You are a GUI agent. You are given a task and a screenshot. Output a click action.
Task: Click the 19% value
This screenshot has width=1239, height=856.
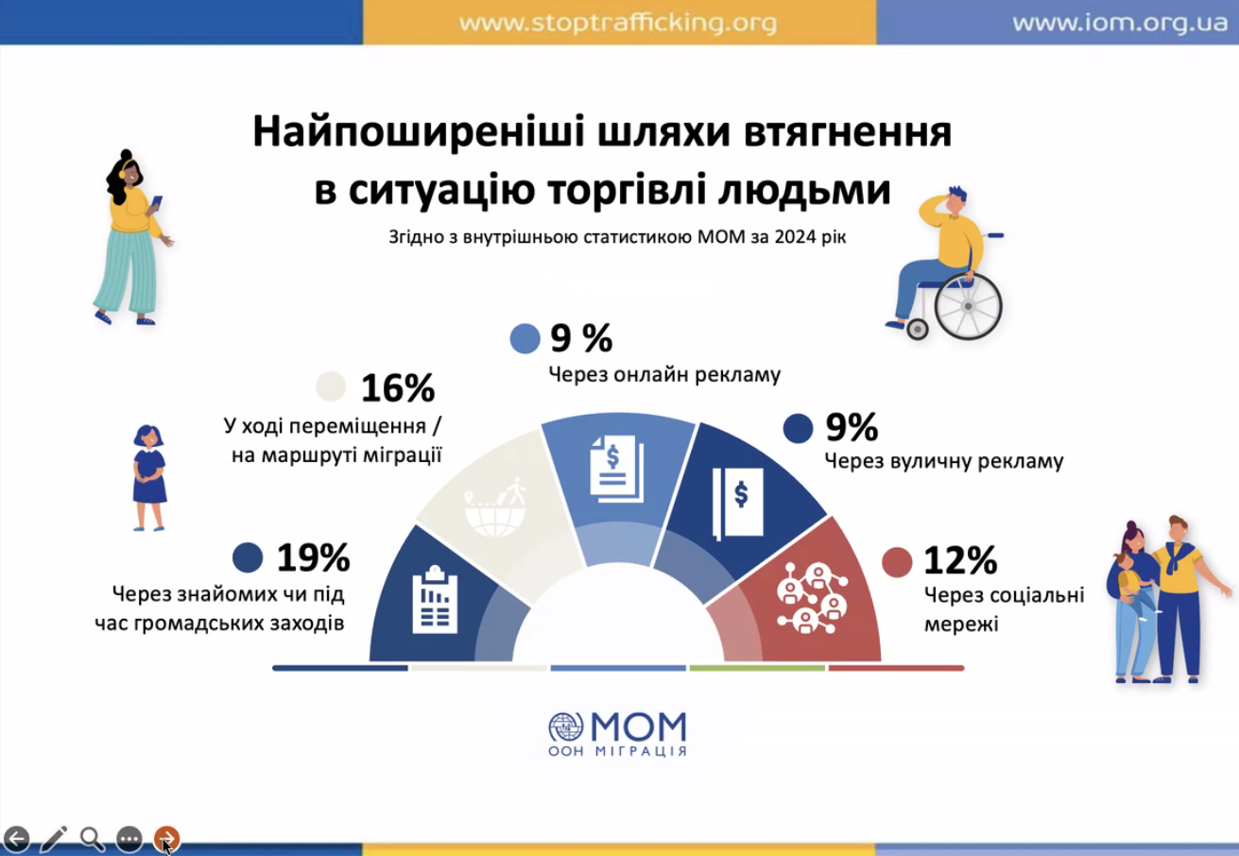click(313, 556)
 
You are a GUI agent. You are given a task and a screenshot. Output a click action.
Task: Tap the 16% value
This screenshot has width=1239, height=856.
click(398, 387)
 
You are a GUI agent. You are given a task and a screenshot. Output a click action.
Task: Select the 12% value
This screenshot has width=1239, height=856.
click(960, 560)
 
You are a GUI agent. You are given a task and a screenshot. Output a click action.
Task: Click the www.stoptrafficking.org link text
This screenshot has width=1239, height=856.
click(618, 23)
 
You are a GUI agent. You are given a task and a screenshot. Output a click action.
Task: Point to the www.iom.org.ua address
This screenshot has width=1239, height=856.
click(1120, 23)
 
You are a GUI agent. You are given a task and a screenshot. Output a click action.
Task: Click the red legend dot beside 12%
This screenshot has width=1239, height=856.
click(897, 562)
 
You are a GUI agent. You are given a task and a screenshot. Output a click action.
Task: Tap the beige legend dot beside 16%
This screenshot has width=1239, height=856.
click(331, 386)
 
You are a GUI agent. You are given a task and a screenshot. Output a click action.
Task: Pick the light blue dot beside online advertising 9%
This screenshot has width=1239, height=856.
click(525, 338)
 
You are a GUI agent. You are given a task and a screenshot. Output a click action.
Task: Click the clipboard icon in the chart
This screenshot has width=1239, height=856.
click(435, 599)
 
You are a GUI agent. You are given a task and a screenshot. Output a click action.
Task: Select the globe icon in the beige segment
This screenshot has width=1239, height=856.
click(494, 507)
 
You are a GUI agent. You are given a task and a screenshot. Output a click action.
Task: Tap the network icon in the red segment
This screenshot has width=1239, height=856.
click(812, 598)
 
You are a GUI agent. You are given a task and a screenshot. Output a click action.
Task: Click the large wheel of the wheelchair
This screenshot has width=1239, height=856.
click(968, 306)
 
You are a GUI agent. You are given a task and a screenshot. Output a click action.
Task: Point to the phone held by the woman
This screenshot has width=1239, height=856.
click(157, 202)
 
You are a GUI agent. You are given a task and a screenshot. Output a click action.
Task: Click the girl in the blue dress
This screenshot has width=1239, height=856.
click(148, 478)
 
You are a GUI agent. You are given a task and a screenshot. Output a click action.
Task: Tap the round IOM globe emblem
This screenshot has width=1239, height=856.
click(565, 728)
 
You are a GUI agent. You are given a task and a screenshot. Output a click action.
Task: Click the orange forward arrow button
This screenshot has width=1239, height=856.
click(166, 839)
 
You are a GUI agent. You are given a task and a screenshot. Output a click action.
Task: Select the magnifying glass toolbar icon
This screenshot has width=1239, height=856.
click(92, 839)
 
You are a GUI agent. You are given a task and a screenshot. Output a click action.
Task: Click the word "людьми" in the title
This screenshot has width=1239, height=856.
click(805, 190)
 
